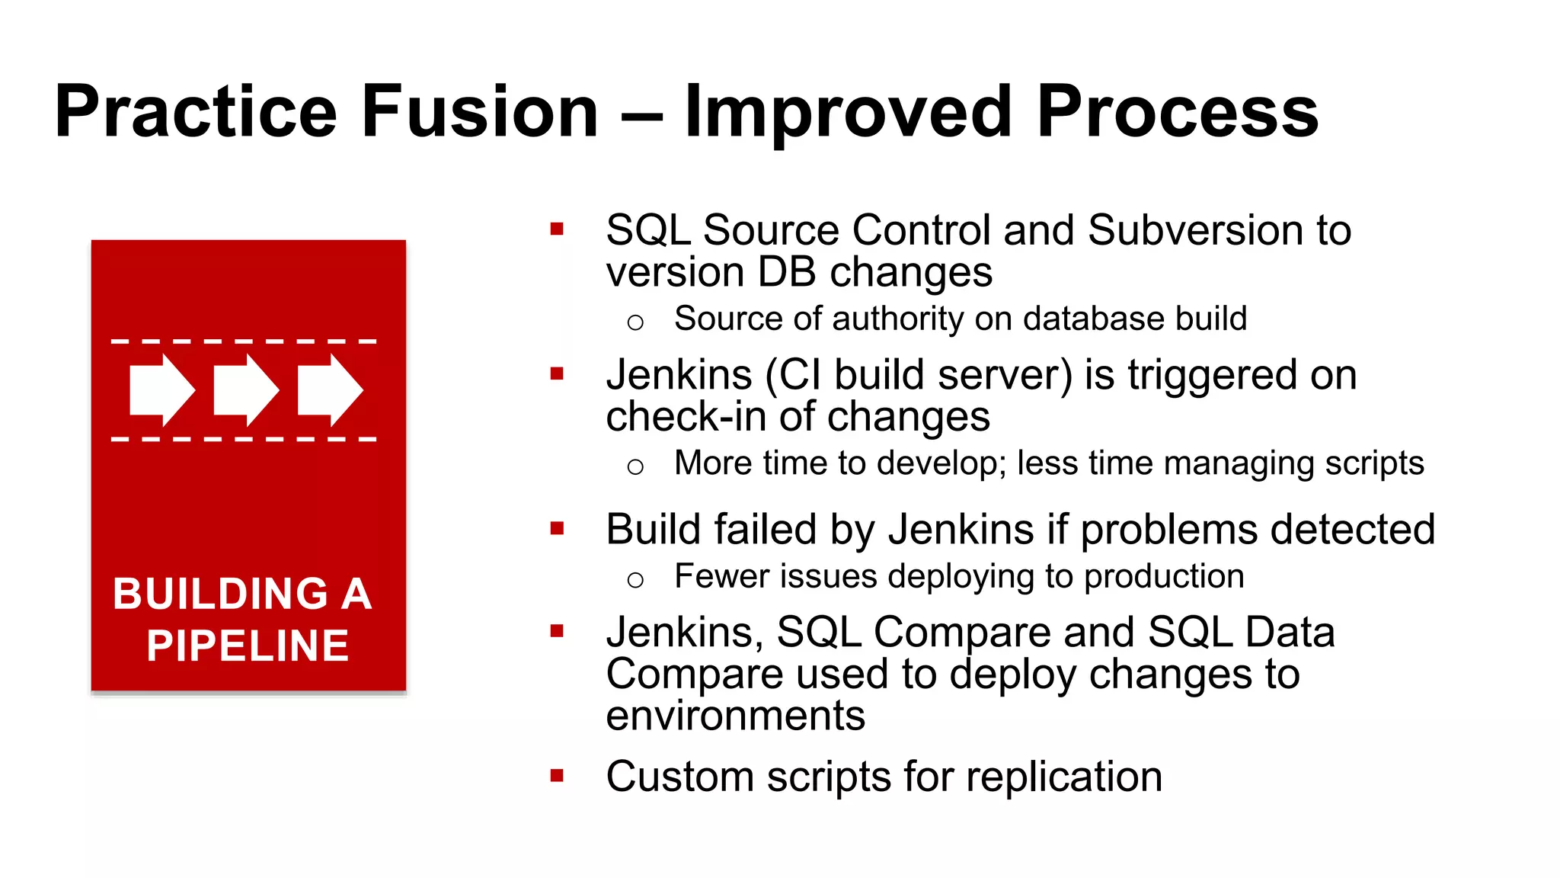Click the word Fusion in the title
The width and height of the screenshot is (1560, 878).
[480, 112]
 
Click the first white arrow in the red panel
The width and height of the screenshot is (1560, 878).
[161, 389]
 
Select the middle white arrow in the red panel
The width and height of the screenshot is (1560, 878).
[245, 389]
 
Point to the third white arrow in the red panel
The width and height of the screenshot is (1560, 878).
[329, 389]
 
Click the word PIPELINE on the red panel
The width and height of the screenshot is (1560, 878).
[248, 646]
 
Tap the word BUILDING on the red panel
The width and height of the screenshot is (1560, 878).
[221, 594]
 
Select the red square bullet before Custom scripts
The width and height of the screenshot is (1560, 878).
[557, 776]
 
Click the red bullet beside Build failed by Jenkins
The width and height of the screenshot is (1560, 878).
[557, 528]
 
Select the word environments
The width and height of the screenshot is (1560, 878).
[736, 716]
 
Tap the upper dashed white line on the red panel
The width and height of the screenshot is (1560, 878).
[244, 341]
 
